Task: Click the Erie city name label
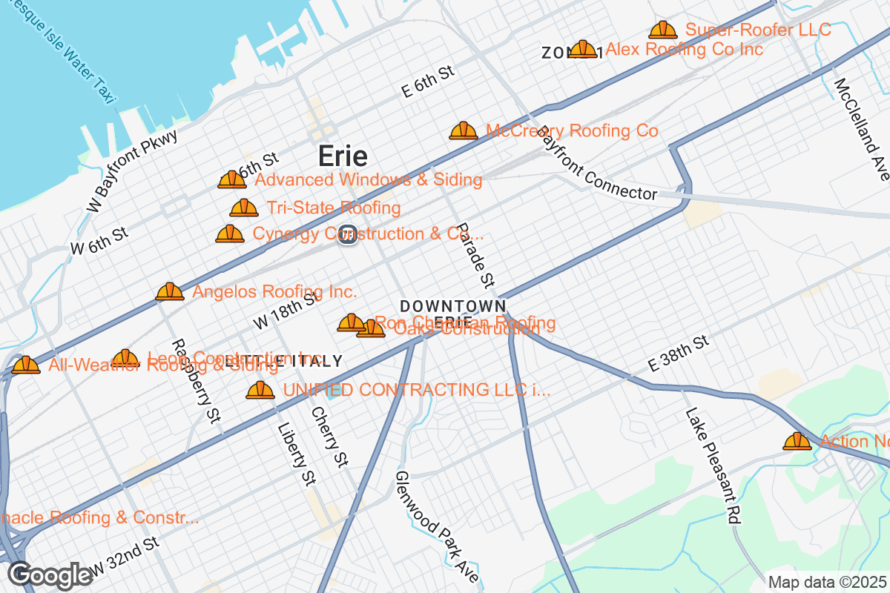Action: [343, 156]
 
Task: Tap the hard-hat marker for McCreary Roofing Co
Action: [464, 131]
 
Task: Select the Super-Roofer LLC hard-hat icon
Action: [662, 30]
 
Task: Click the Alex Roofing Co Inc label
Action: [684, 50]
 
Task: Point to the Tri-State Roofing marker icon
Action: [244, 208]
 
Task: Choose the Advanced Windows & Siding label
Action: [368, 180]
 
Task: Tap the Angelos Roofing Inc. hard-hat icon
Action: [170, 292]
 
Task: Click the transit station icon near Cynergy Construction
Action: [347, 234]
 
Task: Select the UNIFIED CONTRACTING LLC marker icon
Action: [260, 390]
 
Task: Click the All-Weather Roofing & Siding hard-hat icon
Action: [26, 365]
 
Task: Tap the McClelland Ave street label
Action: [861, 129]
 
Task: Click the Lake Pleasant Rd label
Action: [713, 466]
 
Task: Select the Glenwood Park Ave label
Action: [438, 526]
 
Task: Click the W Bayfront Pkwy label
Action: [132, 171]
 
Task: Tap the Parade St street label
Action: [475, 255]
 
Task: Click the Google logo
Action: [50, 575]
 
